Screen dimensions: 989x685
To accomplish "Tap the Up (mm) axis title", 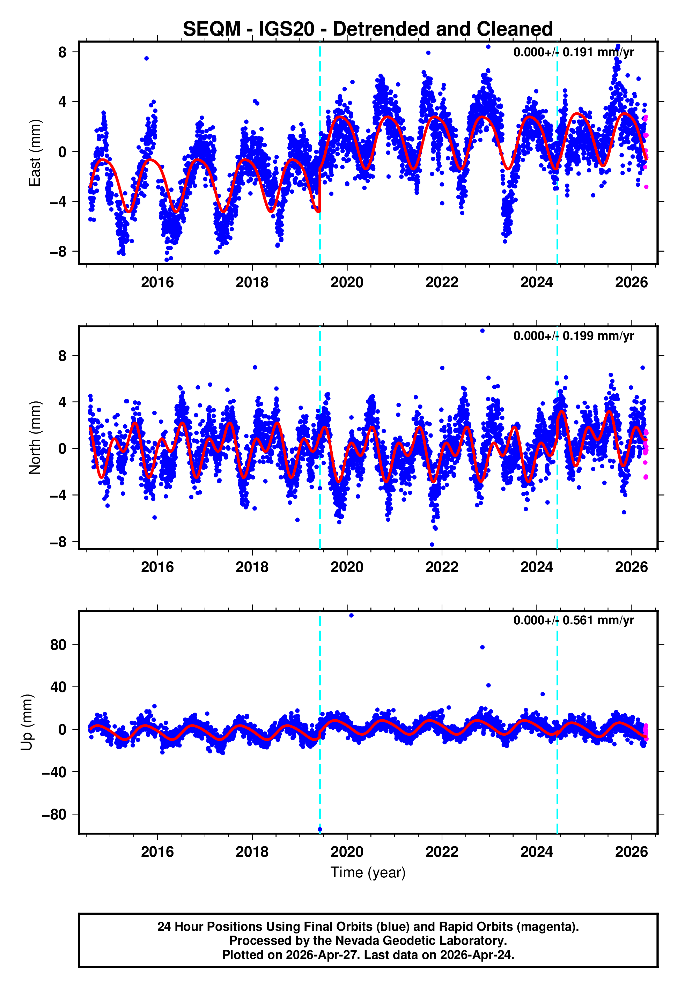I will (x=27, y=722).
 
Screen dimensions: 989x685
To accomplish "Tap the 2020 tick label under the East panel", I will (x=347, y=283).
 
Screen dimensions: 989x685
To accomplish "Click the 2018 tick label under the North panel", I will (x=252, y=567).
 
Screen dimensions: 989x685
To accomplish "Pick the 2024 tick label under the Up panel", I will (x=537, y=852).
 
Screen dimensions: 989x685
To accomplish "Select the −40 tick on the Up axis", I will (x=54, y=772).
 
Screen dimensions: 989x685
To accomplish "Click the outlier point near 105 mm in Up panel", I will (x=351, y=616).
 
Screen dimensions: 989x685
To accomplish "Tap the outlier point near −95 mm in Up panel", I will (x=320, y=830).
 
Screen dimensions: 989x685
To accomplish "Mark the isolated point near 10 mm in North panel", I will (x=483, y=331).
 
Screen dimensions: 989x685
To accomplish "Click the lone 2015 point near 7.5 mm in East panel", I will (x=146, y=58).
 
